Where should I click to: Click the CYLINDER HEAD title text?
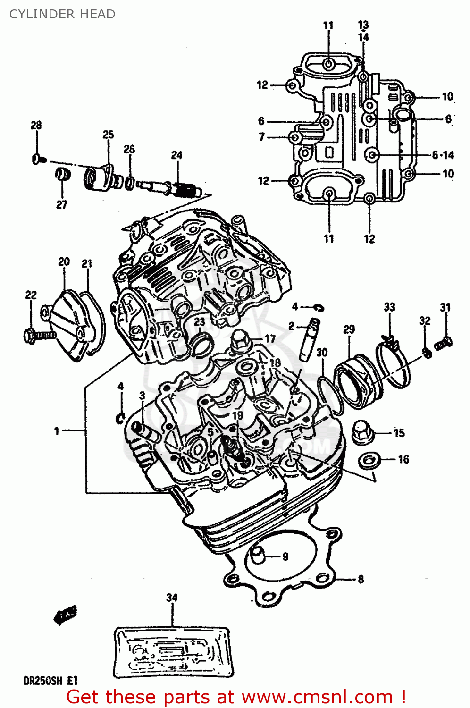tap(62, 14)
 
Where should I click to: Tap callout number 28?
tap(36, 125)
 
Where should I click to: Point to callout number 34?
tap(172, 598)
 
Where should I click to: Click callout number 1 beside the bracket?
tap(57, 430)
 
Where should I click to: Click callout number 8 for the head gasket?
tap(361, 579)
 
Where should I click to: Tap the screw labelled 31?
tap(443, 342)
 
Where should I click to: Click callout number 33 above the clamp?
tap(389, 307)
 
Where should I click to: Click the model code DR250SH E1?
tap(50, 681)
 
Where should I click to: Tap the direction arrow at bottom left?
tap(65, 615)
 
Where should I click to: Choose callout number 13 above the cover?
tap(363, 25)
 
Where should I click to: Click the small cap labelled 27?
tap(62, 174)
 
